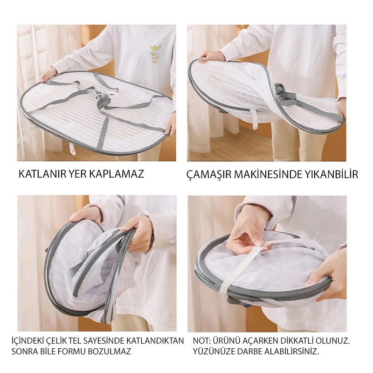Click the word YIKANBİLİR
click(329, 175)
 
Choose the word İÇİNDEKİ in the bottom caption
click(27, 341)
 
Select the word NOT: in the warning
click(202, 341)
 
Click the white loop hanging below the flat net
click(72, 148)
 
